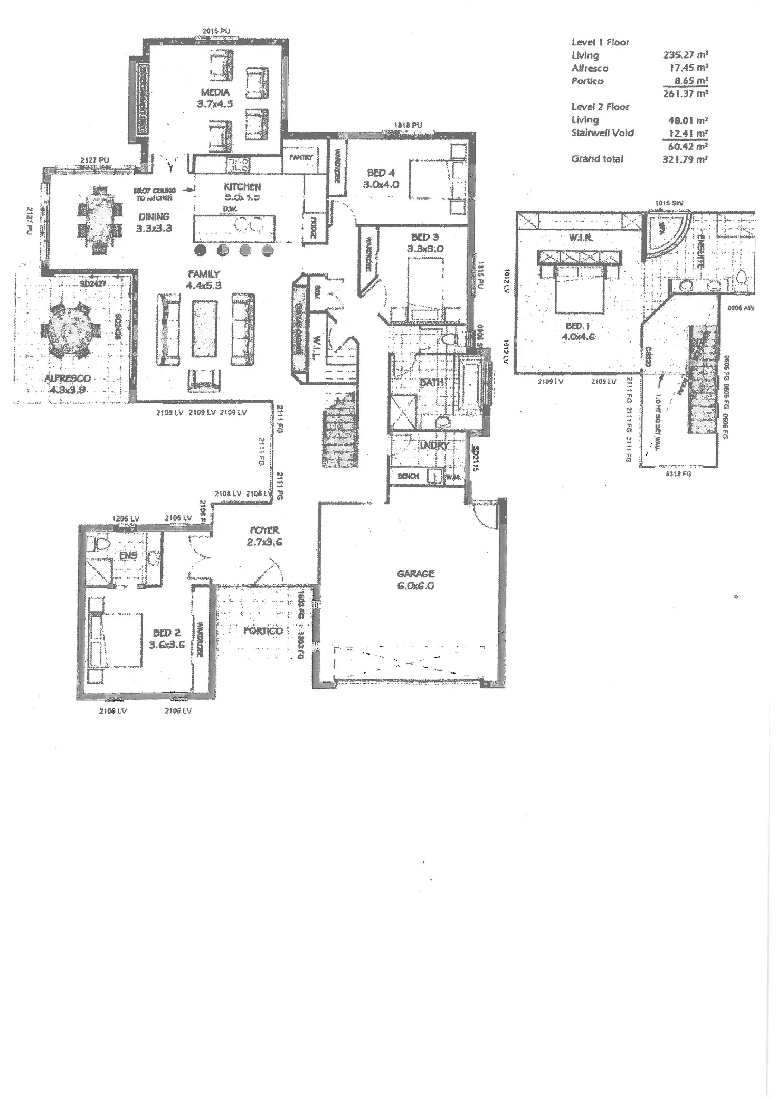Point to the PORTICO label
[263, 631]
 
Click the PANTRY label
[301, 157]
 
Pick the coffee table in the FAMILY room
[204, 328]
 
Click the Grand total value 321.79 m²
[685, 159]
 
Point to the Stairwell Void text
[602, 133]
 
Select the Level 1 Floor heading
[600, 42]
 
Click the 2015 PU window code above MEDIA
[216, 31]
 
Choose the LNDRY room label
[434, 446]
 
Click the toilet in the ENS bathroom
[100, 543]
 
